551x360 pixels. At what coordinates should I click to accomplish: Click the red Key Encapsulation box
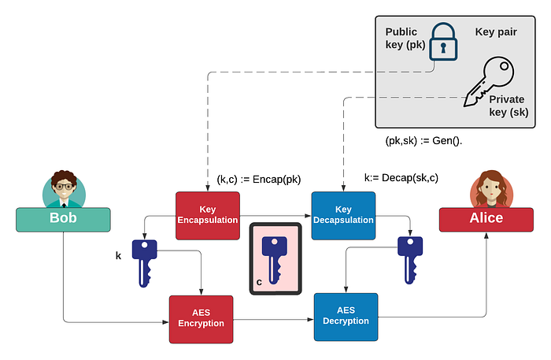[x=207, y=215]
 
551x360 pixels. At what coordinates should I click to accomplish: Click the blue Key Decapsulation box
[x=343, y=215]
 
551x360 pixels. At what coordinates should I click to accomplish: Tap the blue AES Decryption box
[x=346, y=316]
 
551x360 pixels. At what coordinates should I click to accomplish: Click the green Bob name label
[x=63, y=219]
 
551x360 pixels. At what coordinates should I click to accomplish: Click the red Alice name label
[x=486, y=219]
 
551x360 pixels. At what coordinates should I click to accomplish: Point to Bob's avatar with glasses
[x=64, y=190]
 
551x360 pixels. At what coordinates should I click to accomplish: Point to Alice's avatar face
[x=487, y=190]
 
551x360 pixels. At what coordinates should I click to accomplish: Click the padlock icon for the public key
[x=442, y=43]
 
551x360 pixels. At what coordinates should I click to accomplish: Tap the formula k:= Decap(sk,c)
[x=401, y=177]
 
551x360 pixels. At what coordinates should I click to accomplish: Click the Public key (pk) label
[x=405, y=39]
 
